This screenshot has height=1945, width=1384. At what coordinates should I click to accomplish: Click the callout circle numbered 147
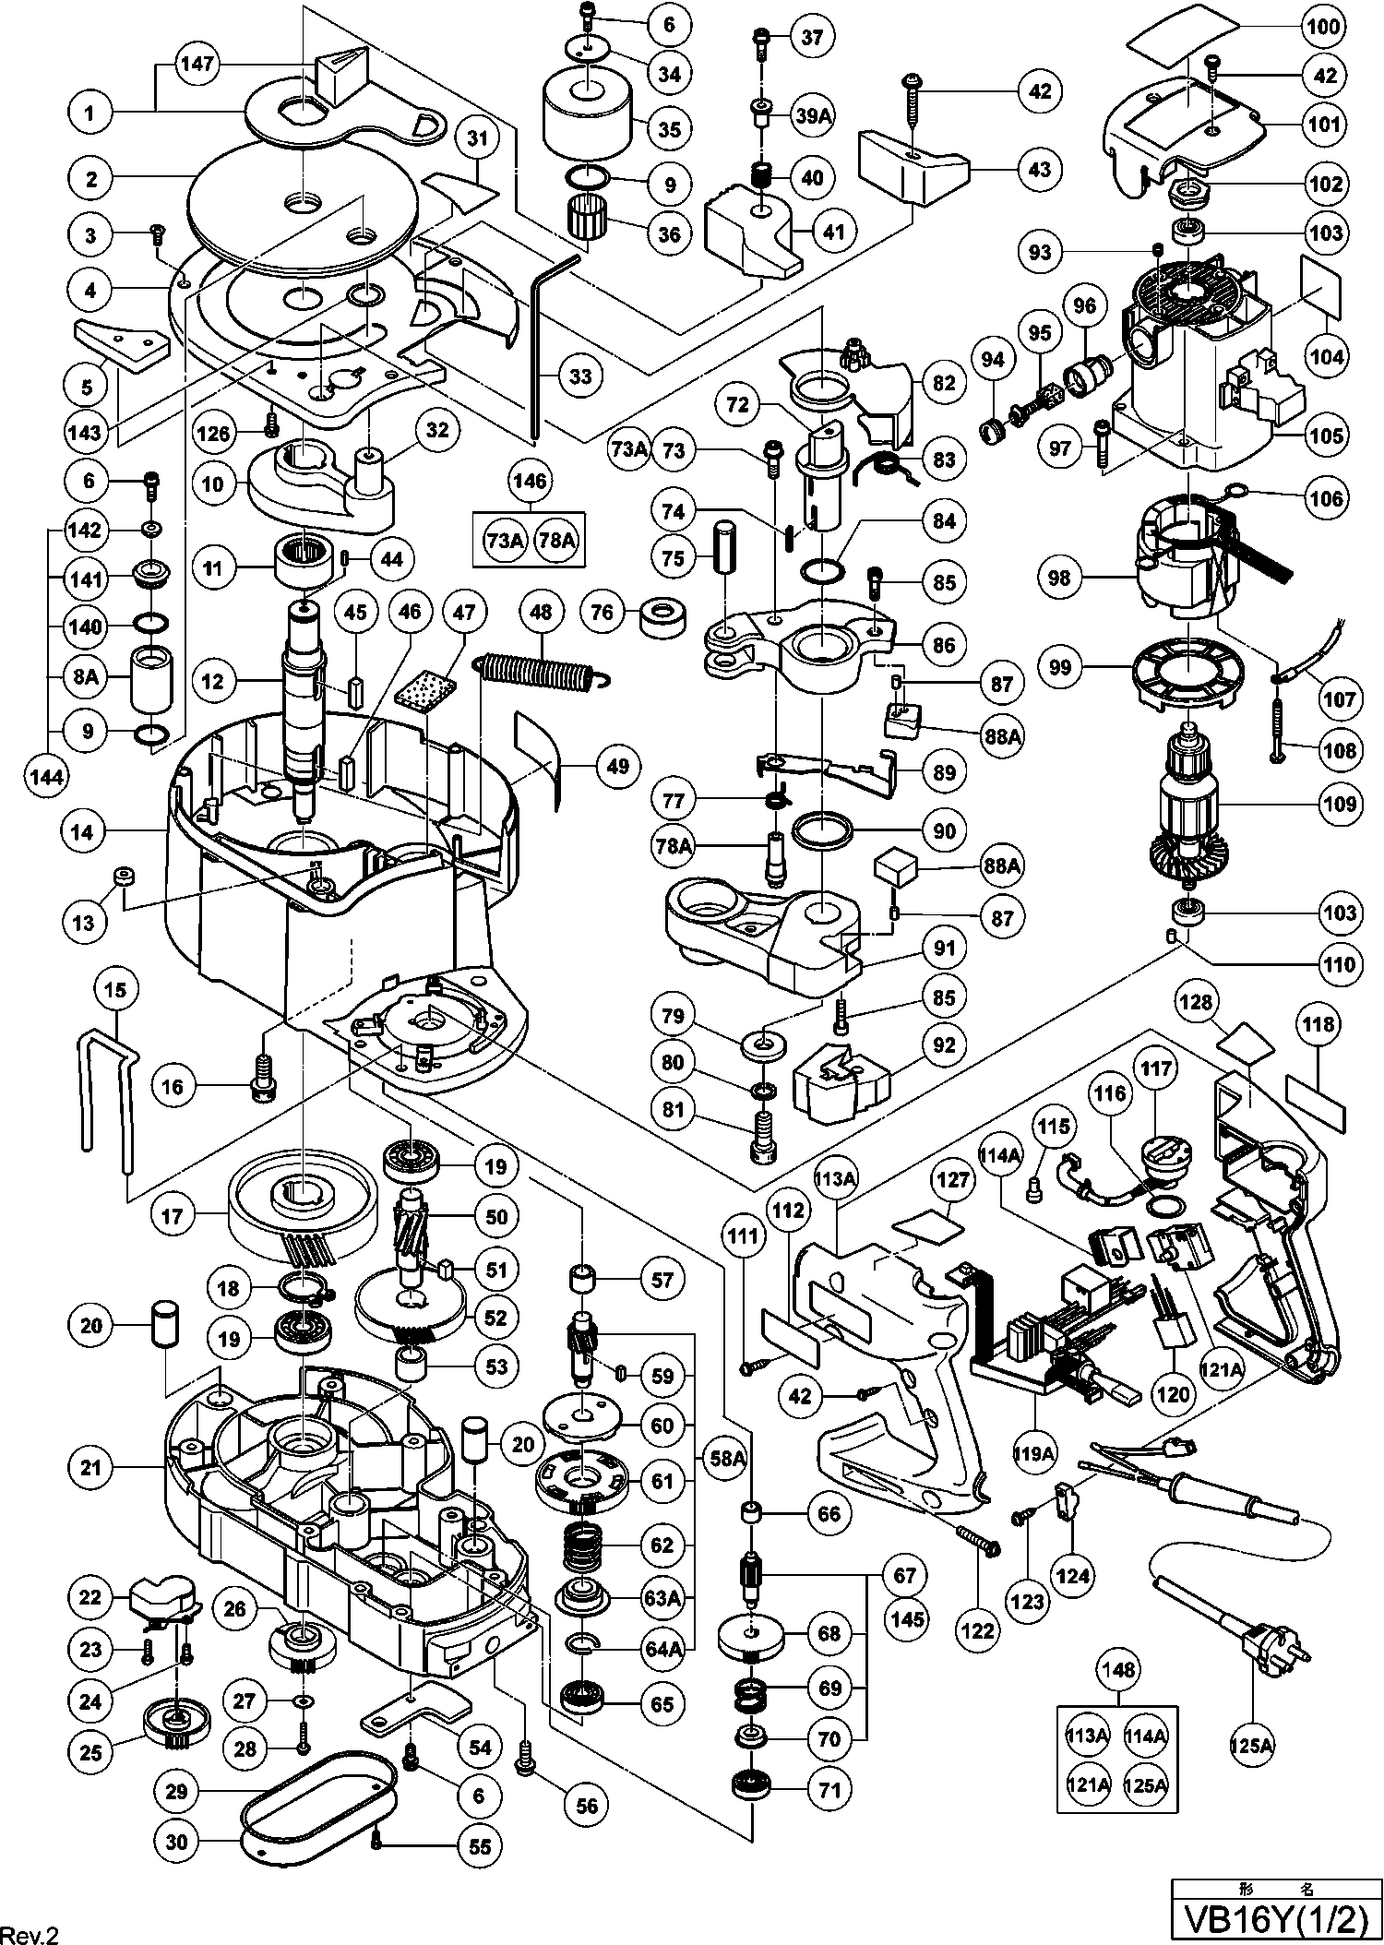click(197, 64)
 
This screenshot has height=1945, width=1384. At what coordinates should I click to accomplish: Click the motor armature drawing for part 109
click(1189, 802)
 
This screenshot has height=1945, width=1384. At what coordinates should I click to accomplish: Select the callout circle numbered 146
click(530, 481)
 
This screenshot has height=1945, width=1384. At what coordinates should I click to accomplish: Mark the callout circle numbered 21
click(90, 1467)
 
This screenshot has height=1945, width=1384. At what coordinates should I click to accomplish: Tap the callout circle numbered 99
click(1061, 667)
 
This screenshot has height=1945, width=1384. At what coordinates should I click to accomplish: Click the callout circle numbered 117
click(1157, 1069)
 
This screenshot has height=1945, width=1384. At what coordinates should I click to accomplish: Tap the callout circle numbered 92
click(945, 1045)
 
